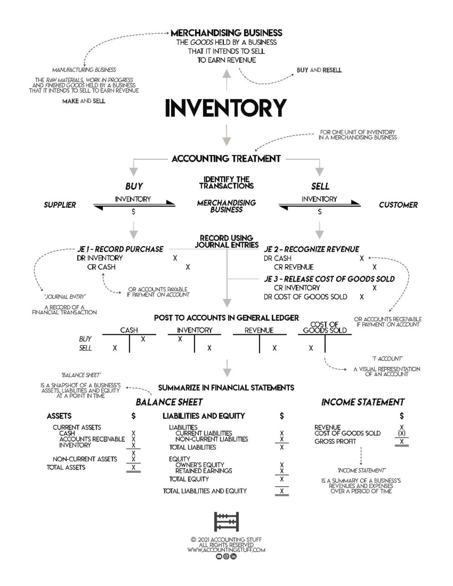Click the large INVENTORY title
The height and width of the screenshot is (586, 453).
pyautogui.click(x=226, y=108)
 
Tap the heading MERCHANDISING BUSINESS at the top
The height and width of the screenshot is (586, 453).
pyautogui.click(x=226, y=33)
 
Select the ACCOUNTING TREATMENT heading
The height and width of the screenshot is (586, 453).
pyautogui.click(x=226, y=159)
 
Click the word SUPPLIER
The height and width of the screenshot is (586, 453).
pyautogui.click(x=60, y=205)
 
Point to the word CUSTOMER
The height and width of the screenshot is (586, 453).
pyautogui.click(x=398, y=205)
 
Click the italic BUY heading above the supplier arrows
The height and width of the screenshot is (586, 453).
pyautogui.click(x=134, y=186)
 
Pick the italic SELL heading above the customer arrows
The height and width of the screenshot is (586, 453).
pyautogui.click(x=320, y=186)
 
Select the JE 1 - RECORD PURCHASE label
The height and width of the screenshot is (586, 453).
pyautogui.click(x=120, y=249)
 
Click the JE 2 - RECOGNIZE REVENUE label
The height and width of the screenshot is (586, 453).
pyautogui.click(x=311, y=249)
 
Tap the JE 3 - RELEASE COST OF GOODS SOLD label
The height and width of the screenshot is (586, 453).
pyautogui.click(x=329, y=279)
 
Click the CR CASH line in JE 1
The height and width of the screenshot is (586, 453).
pyautogui.click(x=101, y=267)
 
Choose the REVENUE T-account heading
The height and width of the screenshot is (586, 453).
pyautogui.click(x=259, y=330)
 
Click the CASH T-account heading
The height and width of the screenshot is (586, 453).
pyautogui.click(x=129, y=330)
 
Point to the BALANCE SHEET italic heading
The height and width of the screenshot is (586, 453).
pyautogui.click(x=169, y=402)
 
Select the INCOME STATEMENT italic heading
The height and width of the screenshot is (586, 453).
pyautogui.click(x=363, y=402)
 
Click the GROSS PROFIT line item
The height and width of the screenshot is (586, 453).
pyautogui.click(x=335, y=441)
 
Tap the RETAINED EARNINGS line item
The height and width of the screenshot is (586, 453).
pyautogui.click(x=204, y=471)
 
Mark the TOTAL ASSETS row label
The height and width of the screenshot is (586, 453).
pyautogui.click(x=66, y=468)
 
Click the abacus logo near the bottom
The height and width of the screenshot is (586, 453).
pyautogui.click(x=226, y=522)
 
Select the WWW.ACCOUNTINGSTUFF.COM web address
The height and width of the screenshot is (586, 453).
pyautogui.click(x=226, y=550)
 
